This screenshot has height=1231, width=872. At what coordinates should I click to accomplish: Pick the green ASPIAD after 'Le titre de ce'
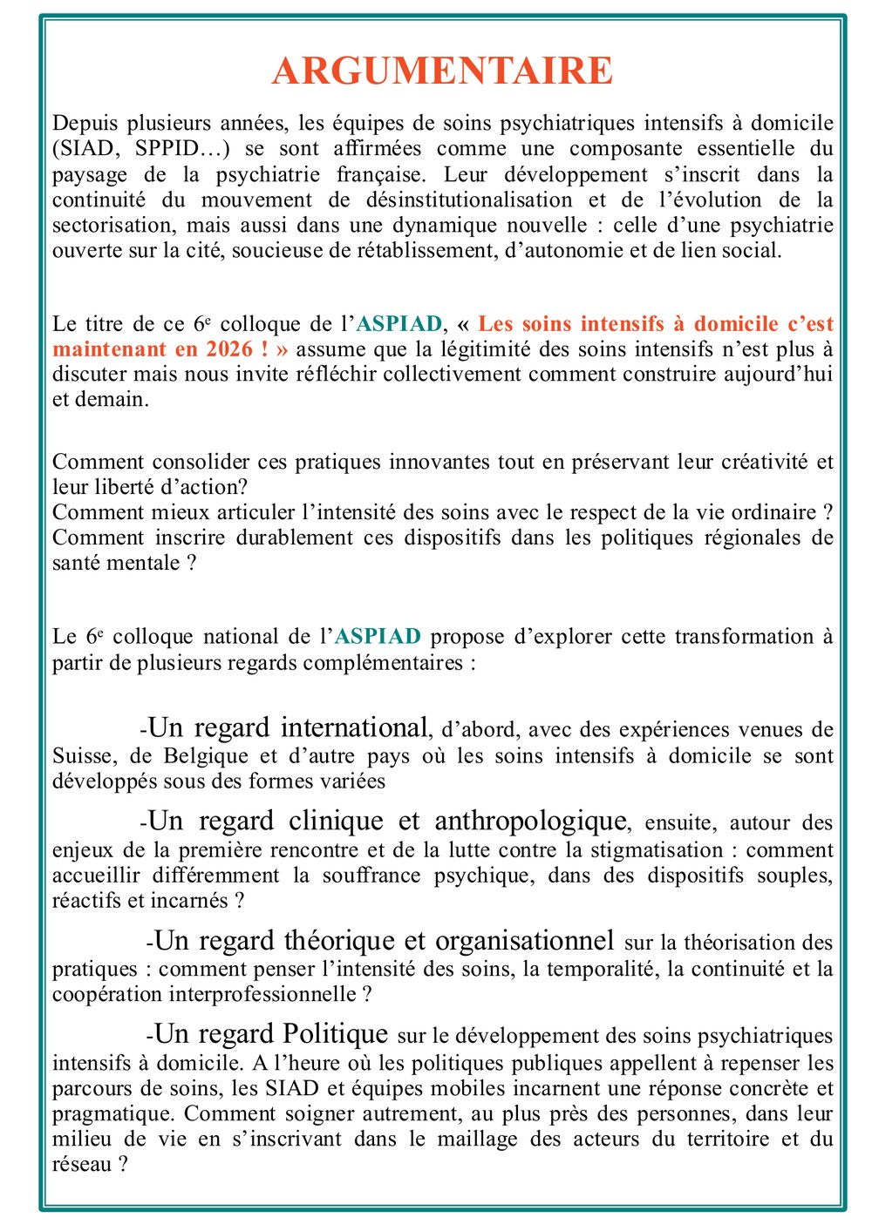point(399,324)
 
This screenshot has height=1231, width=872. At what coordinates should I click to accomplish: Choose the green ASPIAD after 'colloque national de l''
point(378,637)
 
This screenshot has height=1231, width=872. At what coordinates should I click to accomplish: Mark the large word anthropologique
point(530,821)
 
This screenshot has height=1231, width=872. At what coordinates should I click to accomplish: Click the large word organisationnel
point(525,941)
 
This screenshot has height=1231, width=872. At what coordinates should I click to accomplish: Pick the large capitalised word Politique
point(336,1034)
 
